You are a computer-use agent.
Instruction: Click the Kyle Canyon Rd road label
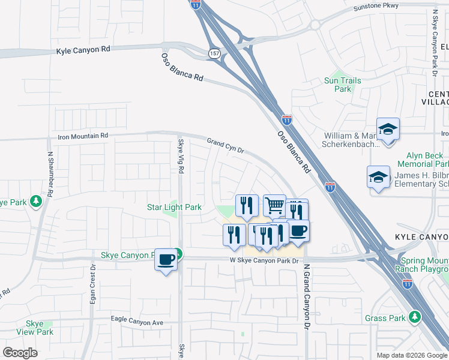83,52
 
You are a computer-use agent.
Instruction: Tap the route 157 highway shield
214,54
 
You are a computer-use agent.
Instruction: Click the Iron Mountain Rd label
83,136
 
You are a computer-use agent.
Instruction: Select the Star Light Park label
174,208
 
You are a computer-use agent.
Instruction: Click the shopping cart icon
274,205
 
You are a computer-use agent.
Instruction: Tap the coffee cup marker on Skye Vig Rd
166,259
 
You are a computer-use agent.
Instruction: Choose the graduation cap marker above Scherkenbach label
388,129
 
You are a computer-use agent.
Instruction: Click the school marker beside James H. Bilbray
378,177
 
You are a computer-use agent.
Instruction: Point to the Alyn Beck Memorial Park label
424,160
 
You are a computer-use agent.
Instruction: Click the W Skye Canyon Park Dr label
264,260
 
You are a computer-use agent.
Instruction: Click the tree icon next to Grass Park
414,316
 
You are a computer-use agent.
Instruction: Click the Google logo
20,352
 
